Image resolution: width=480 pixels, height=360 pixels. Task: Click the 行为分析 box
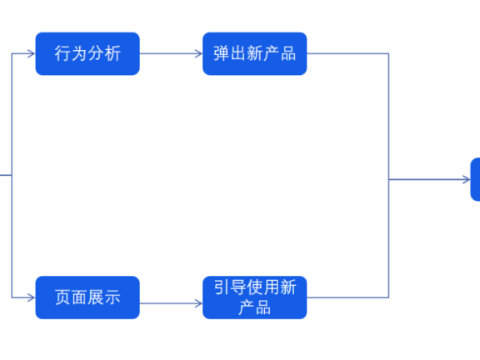tap(87, 53)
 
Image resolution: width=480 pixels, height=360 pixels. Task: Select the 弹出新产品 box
tap(254, 53)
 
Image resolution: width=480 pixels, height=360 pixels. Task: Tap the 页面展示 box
tap(87, 297)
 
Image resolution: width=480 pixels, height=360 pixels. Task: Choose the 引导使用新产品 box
tap(254, 297)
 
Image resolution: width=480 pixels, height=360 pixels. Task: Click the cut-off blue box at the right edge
tap(475, 179)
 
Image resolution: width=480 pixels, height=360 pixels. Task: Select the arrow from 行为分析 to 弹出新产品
tap(171, 53)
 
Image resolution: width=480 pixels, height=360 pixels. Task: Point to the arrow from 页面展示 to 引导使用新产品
tap(171, 297)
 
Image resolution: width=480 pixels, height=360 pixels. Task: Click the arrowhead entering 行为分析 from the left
tap(31, 53)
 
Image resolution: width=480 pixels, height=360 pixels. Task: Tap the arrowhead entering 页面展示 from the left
tap(31, 297)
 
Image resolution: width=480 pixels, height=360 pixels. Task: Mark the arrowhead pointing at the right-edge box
tap(466, 179)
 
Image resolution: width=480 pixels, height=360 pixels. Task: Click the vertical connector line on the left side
tap(12, 175)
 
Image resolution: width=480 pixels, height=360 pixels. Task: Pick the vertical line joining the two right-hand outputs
tap(389, 175)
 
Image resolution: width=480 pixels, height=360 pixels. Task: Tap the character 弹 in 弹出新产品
tap(222, 53)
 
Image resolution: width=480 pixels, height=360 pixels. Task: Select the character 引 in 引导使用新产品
tap(222, 288)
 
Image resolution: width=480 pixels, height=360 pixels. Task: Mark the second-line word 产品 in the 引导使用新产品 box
tap(254, 307)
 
